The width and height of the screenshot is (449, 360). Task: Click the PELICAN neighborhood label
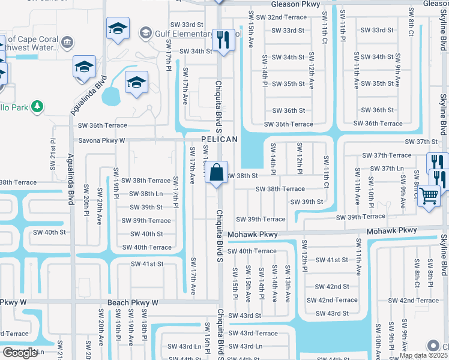coord(220,139)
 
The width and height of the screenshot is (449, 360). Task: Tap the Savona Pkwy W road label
coord(101,140)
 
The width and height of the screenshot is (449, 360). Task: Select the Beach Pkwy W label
coord(133,303)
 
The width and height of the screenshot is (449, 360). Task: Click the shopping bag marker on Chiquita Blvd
coord(216,173)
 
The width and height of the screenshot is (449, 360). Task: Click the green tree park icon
coord(37,106)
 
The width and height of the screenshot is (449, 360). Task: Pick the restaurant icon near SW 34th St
coord(223,40)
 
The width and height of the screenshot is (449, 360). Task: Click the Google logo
coord(20,353)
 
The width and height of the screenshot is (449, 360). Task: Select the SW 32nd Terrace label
coord(282,17)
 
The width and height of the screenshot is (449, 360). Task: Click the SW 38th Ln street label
coord(143,194)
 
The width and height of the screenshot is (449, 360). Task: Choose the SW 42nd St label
coord(332,287)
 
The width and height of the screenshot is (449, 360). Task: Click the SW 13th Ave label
coord(287,282)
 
